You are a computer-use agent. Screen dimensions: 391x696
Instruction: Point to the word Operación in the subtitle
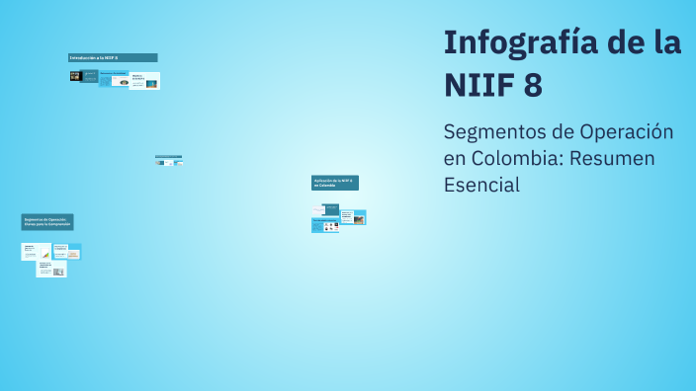pos(618,132)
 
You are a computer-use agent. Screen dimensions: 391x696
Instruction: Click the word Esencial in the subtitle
pos(481,185)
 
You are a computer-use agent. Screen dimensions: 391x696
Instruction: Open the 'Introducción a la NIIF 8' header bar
pos(113,58)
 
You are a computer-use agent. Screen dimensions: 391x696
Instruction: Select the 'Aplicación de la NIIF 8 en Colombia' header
pos(335,183)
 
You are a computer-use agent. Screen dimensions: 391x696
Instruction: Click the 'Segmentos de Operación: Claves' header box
pos(47,222)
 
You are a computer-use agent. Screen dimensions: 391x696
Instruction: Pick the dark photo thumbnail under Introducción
pos(75,76)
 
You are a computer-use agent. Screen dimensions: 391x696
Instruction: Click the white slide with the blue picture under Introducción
pos(145,81)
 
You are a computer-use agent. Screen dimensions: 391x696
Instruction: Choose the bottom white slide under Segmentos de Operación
pos(51,269)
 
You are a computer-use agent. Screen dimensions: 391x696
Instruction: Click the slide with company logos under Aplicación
pos(325,225)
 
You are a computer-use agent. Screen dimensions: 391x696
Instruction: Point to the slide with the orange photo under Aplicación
pos(353,217)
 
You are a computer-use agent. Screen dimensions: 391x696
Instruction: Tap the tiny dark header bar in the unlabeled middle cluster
pos(168,156)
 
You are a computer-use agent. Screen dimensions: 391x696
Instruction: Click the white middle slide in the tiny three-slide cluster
pos(169,163)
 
